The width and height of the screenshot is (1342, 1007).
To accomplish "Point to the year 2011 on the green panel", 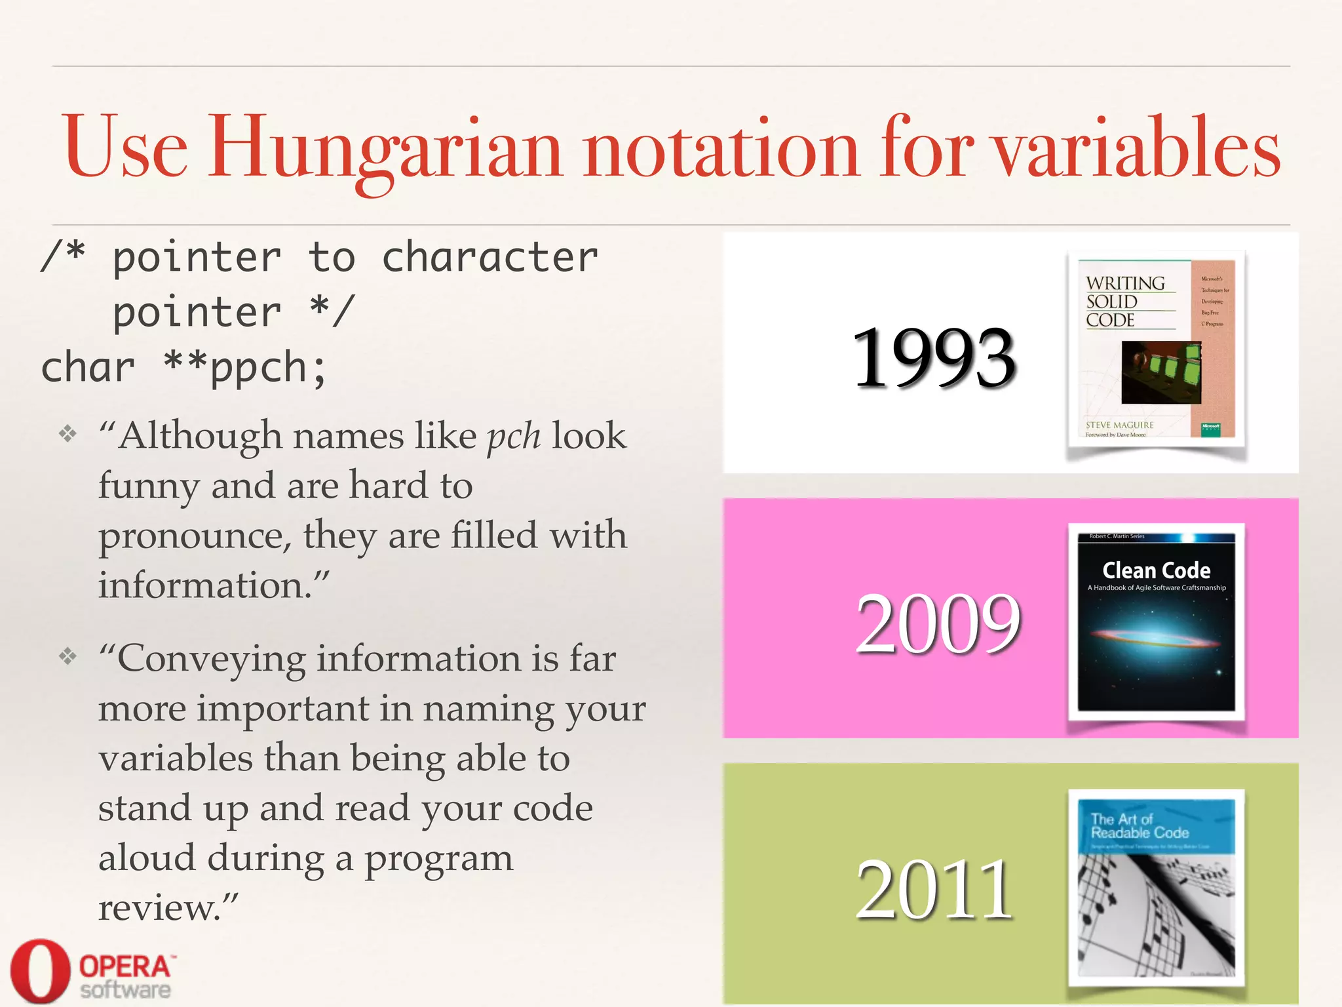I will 934,890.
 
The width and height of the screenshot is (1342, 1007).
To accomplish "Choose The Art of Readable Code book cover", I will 1157,888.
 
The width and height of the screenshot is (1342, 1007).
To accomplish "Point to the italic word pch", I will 514,437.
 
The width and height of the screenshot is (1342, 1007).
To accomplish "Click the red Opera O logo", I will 39,971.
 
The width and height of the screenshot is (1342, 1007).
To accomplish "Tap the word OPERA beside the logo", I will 125,966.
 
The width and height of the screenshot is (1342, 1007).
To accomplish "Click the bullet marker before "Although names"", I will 68,433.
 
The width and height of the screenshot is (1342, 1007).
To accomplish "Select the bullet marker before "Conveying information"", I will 68,656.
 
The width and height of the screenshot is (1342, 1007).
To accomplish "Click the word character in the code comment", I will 489,257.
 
